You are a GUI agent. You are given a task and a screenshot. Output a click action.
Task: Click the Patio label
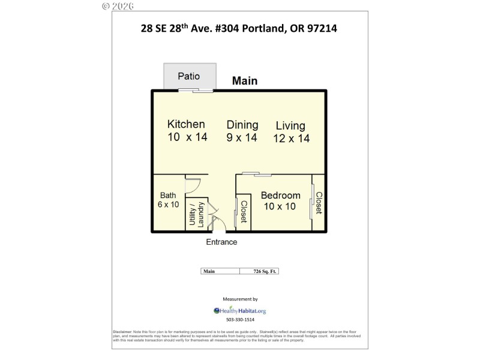tap(188, 77)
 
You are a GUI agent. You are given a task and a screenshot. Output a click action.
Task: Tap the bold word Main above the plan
tap(245, 81)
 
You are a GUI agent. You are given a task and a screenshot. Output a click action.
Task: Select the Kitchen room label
tap(186, 125)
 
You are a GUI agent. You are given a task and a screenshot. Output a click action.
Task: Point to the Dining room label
tap(242, 125)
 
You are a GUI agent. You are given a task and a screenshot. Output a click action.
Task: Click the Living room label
tap(290, 126)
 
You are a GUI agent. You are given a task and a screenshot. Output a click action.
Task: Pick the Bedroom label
tap(280, 196)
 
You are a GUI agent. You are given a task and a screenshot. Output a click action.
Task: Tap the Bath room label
tap(168, 196)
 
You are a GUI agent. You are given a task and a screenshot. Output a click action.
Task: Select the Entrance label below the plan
tap(221, 242)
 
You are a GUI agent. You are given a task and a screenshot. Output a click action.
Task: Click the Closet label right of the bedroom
tap(319, 203)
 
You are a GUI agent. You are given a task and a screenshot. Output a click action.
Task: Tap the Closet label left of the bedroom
tap(244, 211)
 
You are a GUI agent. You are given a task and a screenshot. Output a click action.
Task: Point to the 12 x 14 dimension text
tap(292, 139)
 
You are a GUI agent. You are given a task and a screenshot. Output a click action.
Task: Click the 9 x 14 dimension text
tap(242, 137)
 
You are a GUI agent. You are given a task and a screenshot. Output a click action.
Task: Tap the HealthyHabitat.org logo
tap(239, 311)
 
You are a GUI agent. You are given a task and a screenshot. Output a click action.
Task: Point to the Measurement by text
tap(240, 299)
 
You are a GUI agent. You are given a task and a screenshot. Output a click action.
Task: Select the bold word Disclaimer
tap(122, 332)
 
